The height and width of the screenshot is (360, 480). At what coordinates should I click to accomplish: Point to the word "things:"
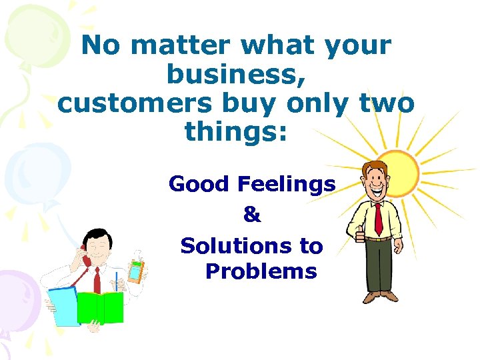[x=236, y=131]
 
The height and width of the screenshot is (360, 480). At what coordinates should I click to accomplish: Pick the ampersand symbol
[x=252, y=215]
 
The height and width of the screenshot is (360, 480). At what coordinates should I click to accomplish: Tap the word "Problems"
[x=261, y=271]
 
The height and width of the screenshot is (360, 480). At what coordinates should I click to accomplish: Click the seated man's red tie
[x=97, y=280]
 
